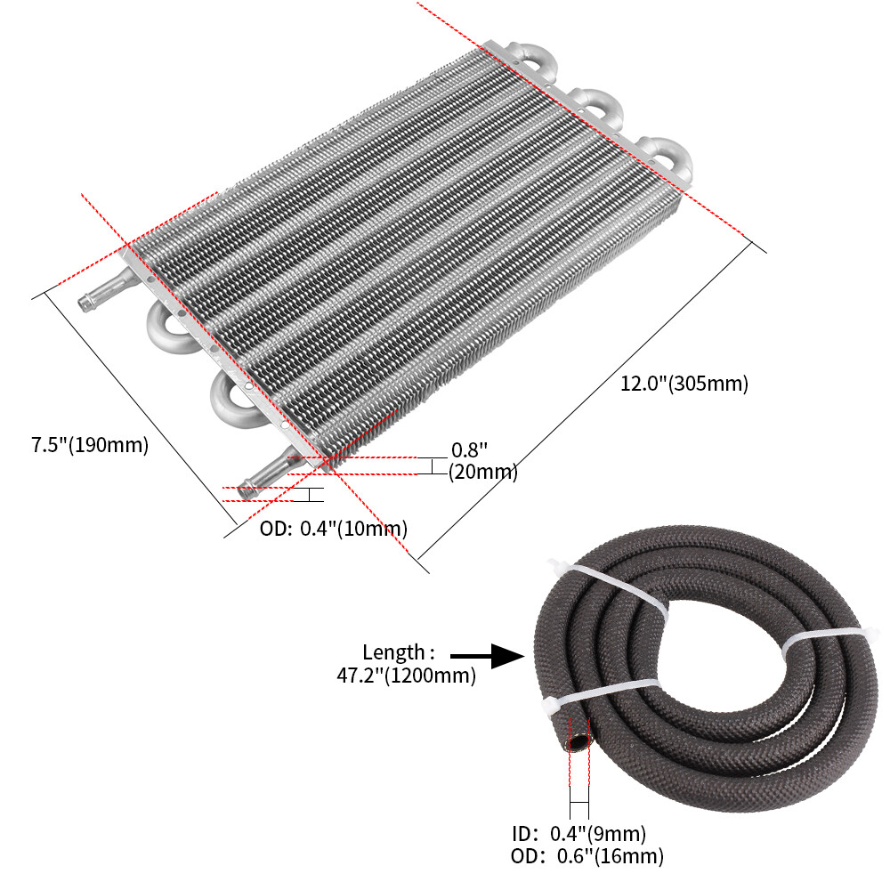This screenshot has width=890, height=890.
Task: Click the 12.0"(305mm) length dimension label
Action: [x=684, y=384]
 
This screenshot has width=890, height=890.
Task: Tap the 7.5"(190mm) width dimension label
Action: [x=90, y=445]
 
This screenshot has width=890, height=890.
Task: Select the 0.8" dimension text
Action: [x=469, y=450]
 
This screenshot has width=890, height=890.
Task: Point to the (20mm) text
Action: [x=482, y=473]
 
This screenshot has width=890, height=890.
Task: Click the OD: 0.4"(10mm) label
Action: [x=333, y=529]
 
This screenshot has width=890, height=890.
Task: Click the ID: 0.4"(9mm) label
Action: [x=578, y=834]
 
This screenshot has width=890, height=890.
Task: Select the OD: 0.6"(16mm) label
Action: [x=587, y=857]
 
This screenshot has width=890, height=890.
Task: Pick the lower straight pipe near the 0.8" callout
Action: [x=267, y=473]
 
